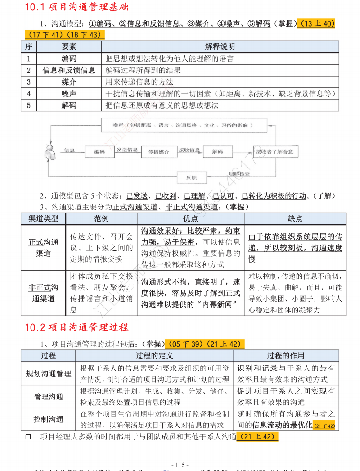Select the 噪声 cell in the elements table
(x=69, y=94)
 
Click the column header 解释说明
(x=220, y=47)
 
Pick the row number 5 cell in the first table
(x=28, y=105)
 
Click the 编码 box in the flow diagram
(x=99, y=152)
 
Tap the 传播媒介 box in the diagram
(x=159, y=152)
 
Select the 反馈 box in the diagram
(x=191, y=177)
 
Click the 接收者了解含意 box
(x=274, y=152)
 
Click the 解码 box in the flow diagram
(x=217, y=152)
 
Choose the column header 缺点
(x=295, y=218)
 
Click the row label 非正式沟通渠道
(x=44, y=293)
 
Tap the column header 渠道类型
(x=43, y=218)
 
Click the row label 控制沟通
(x=49, y=419)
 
